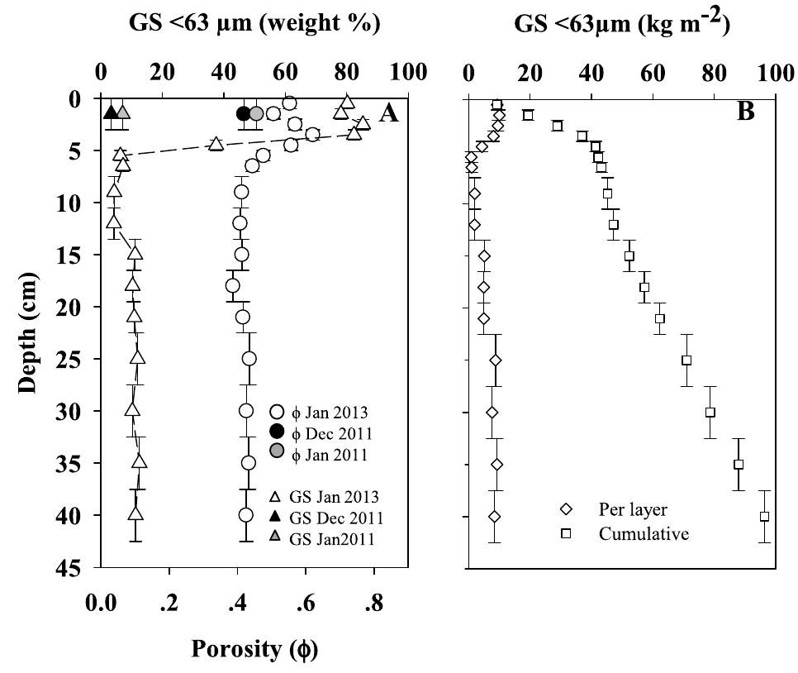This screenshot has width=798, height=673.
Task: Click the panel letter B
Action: pyautogui.click(x=746, y=111)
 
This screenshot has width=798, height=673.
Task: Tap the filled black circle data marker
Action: pyautogui.click(x=243, y=113)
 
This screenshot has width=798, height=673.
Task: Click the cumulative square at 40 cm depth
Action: pyautogui.click(x=764, y=517)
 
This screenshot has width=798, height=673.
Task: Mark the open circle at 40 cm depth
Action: pyautogui.click(x=245, y=515)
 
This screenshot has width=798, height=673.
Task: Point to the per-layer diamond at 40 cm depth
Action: pyautogui.click(x=495, y=517)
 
